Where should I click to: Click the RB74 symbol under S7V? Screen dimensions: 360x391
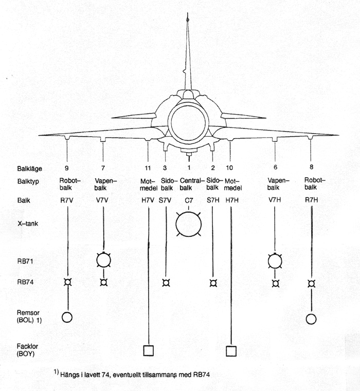(166, 283)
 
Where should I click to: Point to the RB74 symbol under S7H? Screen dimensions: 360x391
(213, 283)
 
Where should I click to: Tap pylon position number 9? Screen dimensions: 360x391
(66, 168)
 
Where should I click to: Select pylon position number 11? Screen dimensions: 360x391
(148, 168)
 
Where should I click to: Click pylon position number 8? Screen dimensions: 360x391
(311, 167)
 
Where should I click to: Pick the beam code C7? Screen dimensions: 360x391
(189, 200)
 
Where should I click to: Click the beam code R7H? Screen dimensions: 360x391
(311, 200)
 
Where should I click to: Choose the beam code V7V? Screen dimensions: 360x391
(102, 200)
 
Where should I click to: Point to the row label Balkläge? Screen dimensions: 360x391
(29, 169)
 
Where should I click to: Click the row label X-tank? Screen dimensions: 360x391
(28, 224)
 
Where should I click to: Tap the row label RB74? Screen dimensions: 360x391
(25, 282)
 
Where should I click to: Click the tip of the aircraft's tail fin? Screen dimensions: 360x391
(188, 13)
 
